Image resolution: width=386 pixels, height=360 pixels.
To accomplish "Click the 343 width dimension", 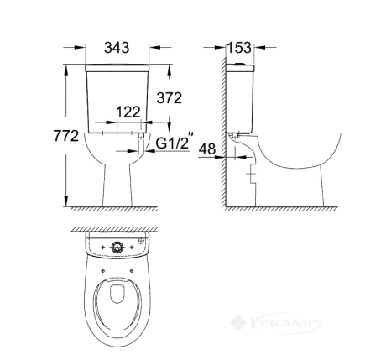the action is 117,48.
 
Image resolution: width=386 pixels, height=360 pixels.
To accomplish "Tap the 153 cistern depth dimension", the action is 239,48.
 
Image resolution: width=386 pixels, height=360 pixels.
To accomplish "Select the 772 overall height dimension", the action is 66,136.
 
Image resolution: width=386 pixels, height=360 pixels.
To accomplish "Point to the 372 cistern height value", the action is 170,98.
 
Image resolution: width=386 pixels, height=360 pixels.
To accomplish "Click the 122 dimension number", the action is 128,112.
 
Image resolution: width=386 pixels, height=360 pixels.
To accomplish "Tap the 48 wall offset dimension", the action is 207,149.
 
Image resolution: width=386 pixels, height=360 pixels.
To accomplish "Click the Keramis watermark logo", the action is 275,323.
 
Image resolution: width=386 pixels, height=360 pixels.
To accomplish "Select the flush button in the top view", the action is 117,247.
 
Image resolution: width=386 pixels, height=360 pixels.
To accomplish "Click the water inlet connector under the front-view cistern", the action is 141,135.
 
